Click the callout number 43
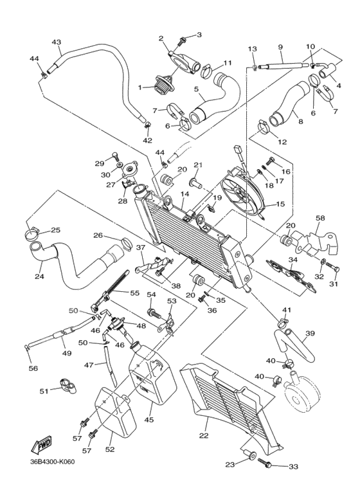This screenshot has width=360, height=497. pos(57,42)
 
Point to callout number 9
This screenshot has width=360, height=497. pos(280,47)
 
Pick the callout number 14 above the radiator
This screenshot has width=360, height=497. pos(184,194)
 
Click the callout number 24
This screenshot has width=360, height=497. pos(39,278)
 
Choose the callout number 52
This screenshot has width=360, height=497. pos(109,449)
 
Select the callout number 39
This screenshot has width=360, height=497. pos(309,333)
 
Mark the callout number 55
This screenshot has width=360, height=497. pos(135,293)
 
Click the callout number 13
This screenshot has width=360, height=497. pos(252,49)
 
